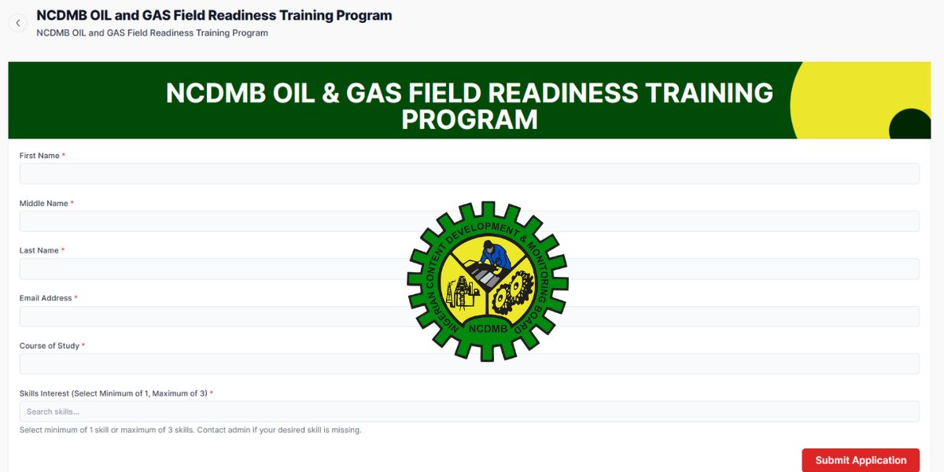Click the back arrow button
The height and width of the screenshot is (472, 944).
18,23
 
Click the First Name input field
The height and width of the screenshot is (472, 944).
470,174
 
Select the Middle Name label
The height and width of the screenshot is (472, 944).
43,203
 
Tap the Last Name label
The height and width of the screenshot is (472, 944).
39,250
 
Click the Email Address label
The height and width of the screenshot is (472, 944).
46,298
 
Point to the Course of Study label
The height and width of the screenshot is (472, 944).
50,345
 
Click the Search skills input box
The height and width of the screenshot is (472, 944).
470,411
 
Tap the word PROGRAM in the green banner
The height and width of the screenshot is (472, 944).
470,120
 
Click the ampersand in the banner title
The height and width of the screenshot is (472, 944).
330,93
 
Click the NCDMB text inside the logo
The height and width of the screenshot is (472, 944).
488,329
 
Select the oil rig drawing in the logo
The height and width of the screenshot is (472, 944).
463,292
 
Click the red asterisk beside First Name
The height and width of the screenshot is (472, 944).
63,155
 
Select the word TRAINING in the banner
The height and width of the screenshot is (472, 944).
710,93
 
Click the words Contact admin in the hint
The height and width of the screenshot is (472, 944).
223,430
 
